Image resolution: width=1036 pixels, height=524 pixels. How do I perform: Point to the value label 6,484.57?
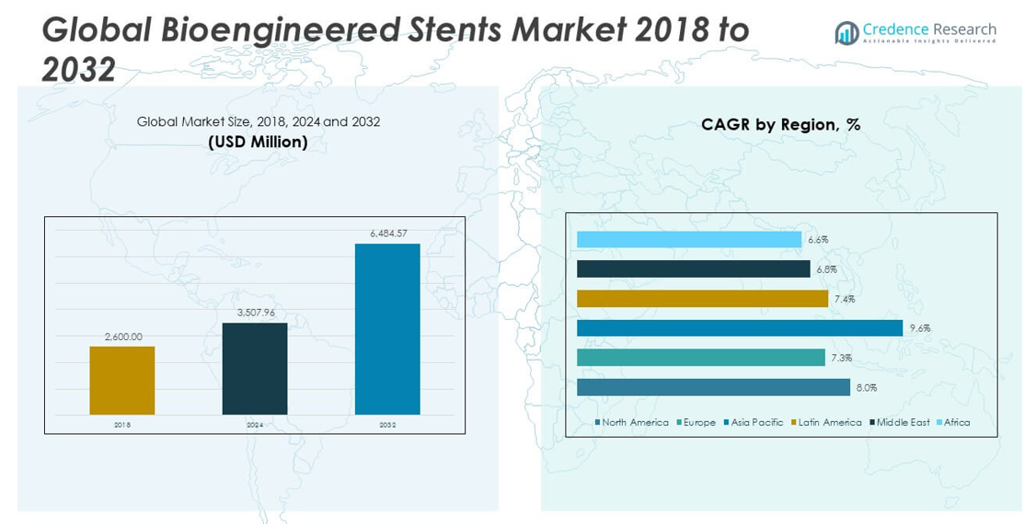point(387,234)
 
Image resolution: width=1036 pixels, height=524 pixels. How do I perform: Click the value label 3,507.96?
point(255,313)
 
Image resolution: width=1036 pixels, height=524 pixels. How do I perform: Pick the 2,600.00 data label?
point(123,336)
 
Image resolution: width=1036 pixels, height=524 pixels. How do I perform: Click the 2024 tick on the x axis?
point(255,425)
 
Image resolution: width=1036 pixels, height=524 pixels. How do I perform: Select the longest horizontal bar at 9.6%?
point(739,328)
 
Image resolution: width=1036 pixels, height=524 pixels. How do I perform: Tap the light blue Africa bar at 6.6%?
point(689,239)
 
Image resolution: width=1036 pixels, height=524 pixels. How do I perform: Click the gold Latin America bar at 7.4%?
point(702,299)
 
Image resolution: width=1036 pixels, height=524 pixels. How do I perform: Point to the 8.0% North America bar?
point(713,387)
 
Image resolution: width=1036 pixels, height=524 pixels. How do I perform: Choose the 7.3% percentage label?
point(841,358)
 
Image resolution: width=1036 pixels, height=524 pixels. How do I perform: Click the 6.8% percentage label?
point(826,269)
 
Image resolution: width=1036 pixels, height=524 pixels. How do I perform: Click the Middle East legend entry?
point(903,423)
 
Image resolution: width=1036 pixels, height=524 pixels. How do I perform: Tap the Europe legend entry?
point(698,423)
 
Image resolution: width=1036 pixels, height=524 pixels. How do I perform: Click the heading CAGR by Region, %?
point(780,125)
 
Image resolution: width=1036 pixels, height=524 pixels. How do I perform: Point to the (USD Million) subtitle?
point(258,142)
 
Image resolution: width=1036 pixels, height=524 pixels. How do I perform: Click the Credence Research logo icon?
point(846,33)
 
